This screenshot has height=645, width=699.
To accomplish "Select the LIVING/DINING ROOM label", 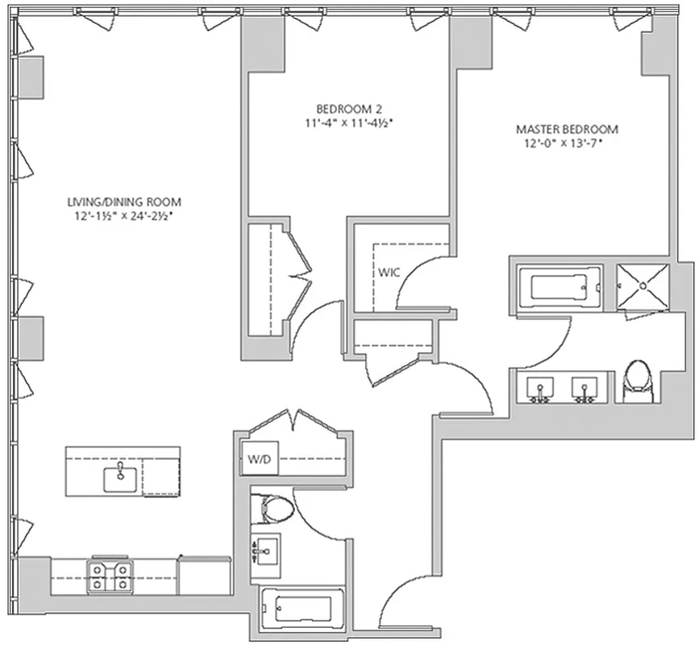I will click(x=123, y=202).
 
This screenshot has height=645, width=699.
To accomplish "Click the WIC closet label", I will click(x=389, y=273).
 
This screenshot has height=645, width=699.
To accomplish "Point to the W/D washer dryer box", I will click(x=258, y=461).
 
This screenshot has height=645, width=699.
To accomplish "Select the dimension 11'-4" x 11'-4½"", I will click(x=348, y=123).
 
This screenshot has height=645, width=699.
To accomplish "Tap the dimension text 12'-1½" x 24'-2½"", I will click(x=123, y=215).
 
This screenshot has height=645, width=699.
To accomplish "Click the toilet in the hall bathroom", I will click(x=273, y=509).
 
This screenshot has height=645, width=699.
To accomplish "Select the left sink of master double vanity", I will click(x=540, y=389).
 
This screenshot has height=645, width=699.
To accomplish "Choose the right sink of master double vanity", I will click(x=584, y=389).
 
